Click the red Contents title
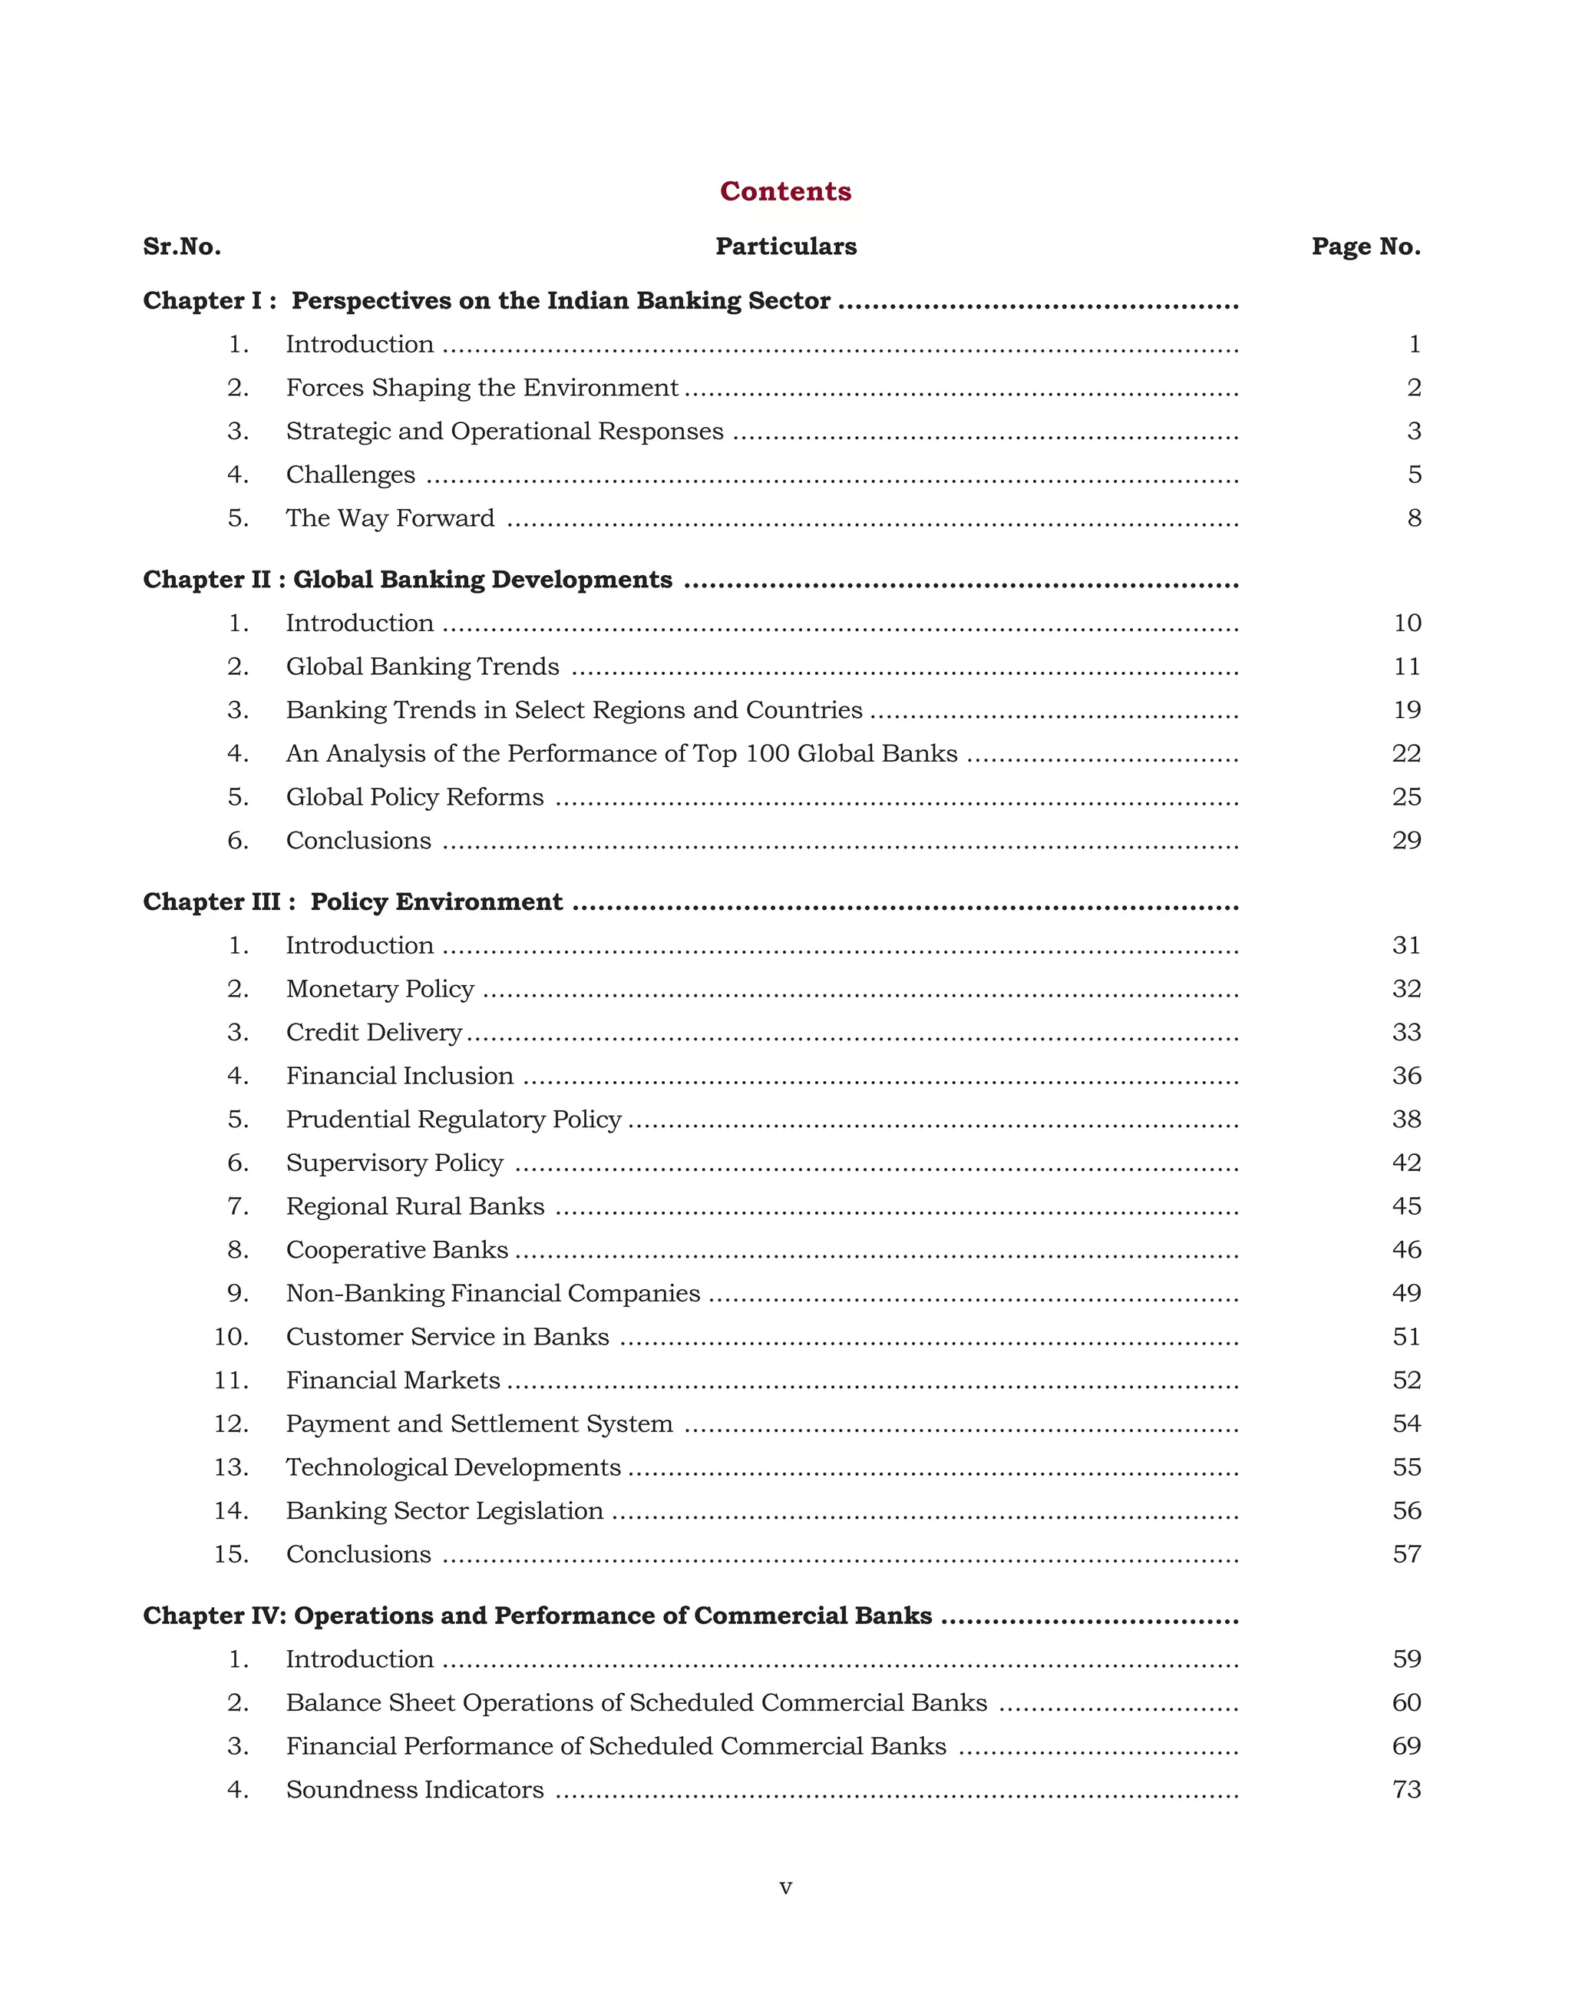[x=785, y=190]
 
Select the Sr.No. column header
[x=181, y=246]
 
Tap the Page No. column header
[x=1366, y=246]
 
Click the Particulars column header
[x=785, y=246]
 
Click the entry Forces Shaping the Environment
[x=481, y=388]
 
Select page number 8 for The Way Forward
[x=1414, y=518]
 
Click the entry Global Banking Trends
[x=421, y=666]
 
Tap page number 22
[x=1406, y=754]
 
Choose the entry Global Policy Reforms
[x=414, y=798]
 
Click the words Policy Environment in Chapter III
[x=435, y=902]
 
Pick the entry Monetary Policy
[x=379, y=989]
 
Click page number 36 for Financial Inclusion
[x=1406, y=1077]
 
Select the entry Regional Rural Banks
[x=414, y=1206]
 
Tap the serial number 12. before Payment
[x=231, y=1424]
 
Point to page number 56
[x=1406, y=1511]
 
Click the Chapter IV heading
[x=537, y=1616]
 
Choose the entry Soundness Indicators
[x=414, y=1790]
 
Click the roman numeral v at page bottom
[x=785, y=1887]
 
